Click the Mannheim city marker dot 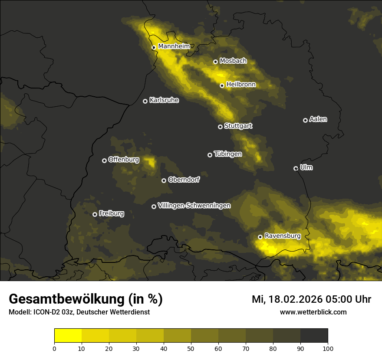154,48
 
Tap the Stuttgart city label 238,126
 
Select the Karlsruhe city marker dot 145,101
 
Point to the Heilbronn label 241,84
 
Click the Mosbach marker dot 215,62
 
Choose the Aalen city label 318,119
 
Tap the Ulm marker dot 296,168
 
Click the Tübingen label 228,154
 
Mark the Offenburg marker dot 104,160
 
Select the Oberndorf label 184,180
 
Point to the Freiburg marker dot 95,214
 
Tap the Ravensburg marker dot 260,237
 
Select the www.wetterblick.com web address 313,312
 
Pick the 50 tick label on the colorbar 191,348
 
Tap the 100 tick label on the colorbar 328,348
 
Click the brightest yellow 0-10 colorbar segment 68,336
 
